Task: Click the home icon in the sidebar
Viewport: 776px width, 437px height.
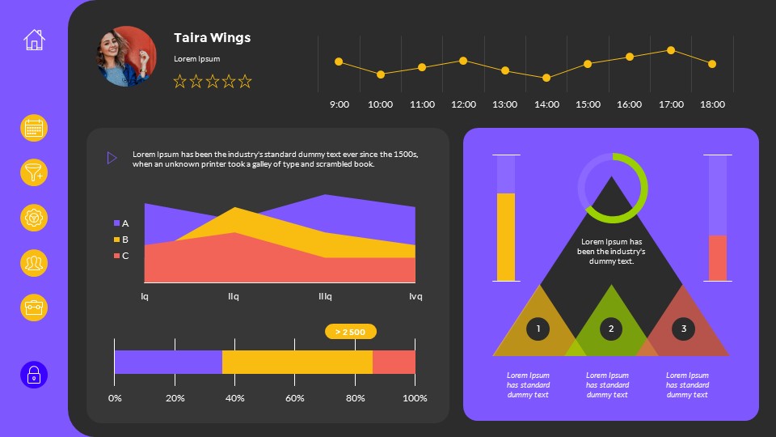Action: pyautogui.click(x=34, y=40)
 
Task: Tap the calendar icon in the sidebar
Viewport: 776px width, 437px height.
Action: pyautogui.click(x=34, y=129)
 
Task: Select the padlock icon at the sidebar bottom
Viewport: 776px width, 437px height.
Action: pyautogui.click(x=34, y=375)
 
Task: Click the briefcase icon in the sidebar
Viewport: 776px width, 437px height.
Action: pyautogui.click(x=34, y=308)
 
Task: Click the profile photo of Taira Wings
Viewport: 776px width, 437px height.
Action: pyautogui.click(x=127, y=56)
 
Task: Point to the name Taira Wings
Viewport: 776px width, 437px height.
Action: pyautogui.click(x=212, y=38)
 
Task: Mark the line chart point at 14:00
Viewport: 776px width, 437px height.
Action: pyautogui.click(x=546, y=78)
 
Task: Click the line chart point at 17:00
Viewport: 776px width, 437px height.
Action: pyautogui.click(x=671, y=50)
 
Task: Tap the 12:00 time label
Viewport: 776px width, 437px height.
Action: pyautogui.click(x=463, y=104)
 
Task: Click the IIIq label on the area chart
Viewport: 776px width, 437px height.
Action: pyautogui.click(x=325, y=296)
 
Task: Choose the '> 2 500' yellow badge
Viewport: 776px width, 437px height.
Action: pyautogui.click(x=350, y=332)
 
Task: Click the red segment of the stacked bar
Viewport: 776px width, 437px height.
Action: pyautogui.click(x=394, y=362)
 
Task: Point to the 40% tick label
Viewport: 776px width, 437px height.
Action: pyautogui.click(x=235, y=398)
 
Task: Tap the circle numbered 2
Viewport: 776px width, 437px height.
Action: pyautogui.click(x=611, y=329)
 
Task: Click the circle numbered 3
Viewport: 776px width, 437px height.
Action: pyautogui.click(x=684, y=329)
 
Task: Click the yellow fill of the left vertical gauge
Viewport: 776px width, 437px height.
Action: pyautogui.click(x=505, y=236)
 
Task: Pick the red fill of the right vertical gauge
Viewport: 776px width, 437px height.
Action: pyautogui.click(x=717, y=257)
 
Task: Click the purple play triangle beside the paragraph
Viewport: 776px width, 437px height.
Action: pyautogui.click(x=112, y=158)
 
